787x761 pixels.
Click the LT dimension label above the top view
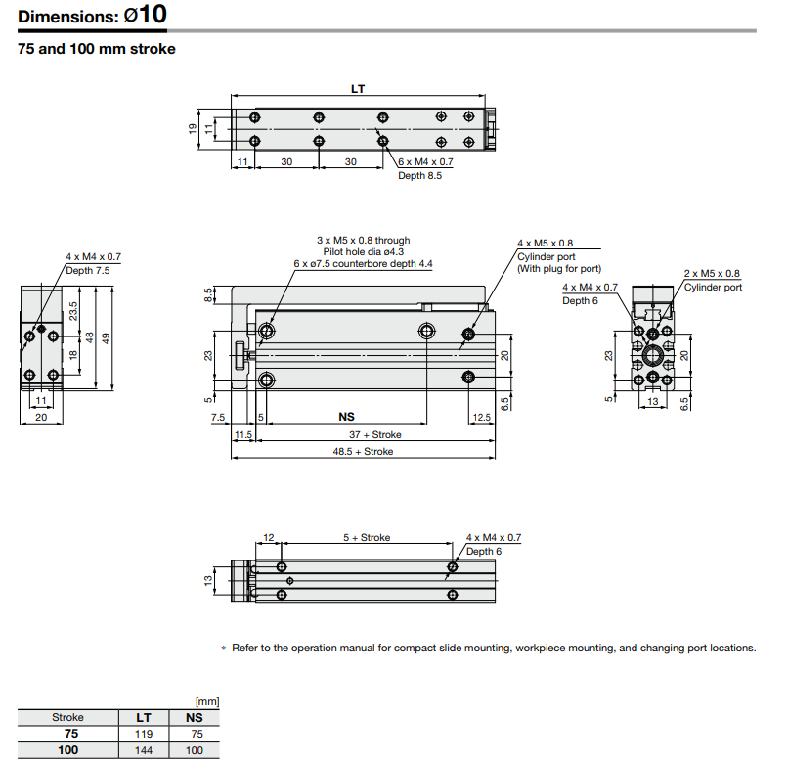pyautogui.click(x=358, y=89)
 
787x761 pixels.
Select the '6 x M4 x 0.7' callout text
pyautogui.click(x=425, y=162)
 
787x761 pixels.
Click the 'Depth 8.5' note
pyautogui.click(x=420, y=176)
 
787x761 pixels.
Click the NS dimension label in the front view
pyautogui.click(x=347, y=417)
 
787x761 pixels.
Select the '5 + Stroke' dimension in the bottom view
pyautogui.click(x=367, y=538)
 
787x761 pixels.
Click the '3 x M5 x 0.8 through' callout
pyautogui.click(x=363, y=240)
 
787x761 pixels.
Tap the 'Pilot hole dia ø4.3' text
pyautogui.click(x=363, y=251)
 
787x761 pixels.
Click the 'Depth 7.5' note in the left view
pyautogui.click(x=87, y=269)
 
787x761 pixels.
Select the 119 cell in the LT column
pyautogui.click(x=143, y=733)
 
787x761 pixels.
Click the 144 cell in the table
pyautogui.click(x=143, y=750)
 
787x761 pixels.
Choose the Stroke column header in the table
pyautogui.click(x=67, y=717)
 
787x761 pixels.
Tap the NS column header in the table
pyautogui.click(x=194, y=717)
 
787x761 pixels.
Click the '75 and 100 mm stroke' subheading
pyautogui.click(x=97, y=48)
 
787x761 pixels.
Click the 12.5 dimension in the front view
pyautogui.click(x=481, y=417)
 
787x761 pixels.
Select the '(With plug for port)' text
pyautogui.click(x=559, y=268)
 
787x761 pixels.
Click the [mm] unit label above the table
pyautogui.click(x=205, y=701)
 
